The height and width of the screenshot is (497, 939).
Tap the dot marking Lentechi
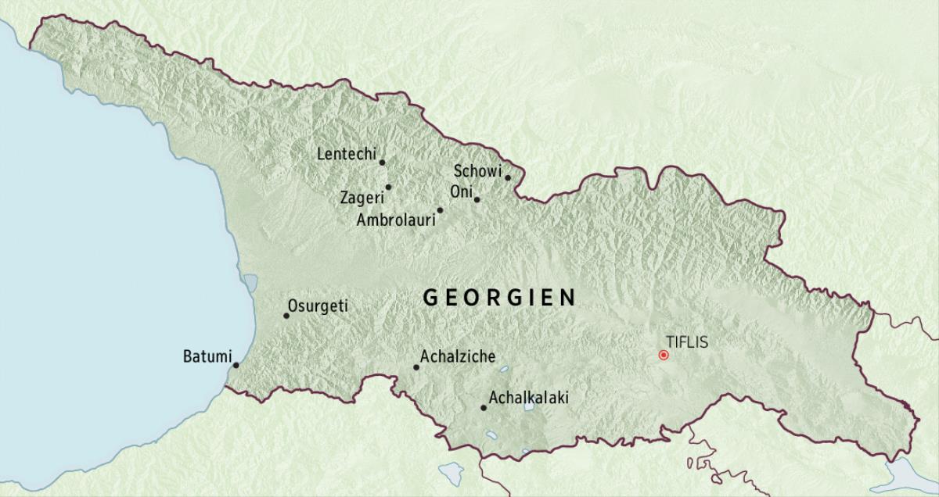pyautogui.click(x=382, y=163)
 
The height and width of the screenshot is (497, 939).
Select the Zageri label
pyautogui.click(x=361, y=198)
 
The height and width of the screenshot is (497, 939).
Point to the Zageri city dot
pyautogui.click(x=388, y=187)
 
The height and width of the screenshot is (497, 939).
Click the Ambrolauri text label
pyautogui.click(x=395, y=220)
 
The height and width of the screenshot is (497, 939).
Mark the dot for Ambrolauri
pyautogui.click(x=440, y=210)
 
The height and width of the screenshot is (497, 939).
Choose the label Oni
pyautogui.click(x=460, y=191)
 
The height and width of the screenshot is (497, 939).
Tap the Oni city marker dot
pyautogui.click(x=477, y=199)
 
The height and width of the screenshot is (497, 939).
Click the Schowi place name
pyautogui.click(x=477, y=171)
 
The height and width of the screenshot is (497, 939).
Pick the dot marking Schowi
pyautogui.click(x=508, y=177)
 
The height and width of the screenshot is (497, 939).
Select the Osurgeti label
pyautogui.click(x=318, y=306)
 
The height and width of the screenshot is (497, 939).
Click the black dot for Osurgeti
pyautogui.click(x=286, y=316)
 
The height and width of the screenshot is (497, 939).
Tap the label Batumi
pyautogui.click(x=205, y=356)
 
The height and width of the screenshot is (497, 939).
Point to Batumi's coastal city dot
pyautogui.click(x=236, y=364)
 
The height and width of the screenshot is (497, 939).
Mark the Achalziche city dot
pyautogui.click(x=416, y=367)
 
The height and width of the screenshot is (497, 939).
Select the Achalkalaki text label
pyautogui.click(x=528, y=398)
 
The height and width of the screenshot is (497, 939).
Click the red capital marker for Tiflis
pyautogui.click(x=664, y=355)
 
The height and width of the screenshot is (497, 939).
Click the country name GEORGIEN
pyautogui.click(x=500, y=297)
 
